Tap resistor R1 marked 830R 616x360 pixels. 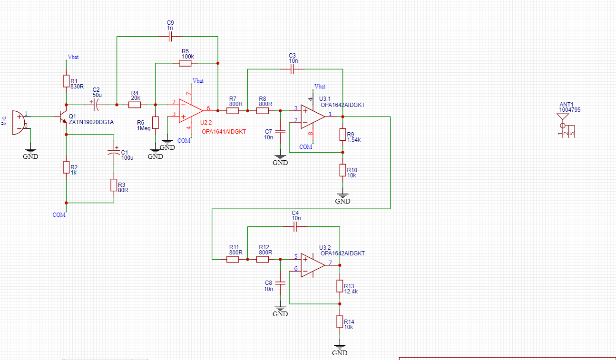coord(66,81)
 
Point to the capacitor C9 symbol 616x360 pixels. coord(170,37)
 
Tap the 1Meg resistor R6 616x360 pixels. coord(155,123)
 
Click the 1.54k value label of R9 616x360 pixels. coord(354,140)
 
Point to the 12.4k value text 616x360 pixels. coord(351,292)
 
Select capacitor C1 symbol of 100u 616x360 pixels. coord(114,153)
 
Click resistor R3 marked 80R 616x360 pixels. coord(114,185)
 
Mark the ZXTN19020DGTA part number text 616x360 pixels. coord(91,122)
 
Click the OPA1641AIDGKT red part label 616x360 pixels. coord(224,132)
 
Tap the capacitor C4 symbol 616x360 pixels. coord(295,228)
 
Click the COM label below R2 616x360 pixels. coord(59,215)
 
